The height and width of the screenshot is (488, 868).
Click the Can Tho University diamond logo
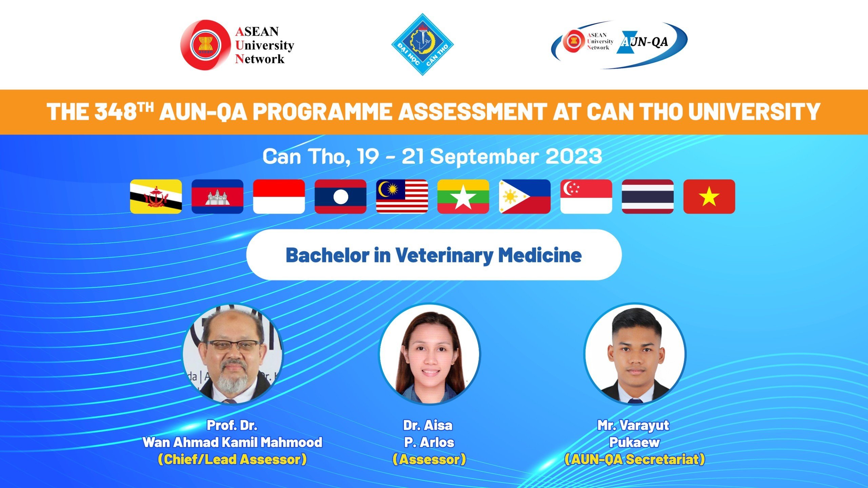[422, 44]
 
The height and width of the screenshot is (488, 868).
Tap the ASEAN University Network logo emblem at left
[205, 45]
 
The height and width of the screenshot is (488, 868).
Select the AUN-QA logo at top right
[619, 44]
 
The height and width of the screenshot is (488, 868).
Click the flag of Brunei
[156, 197]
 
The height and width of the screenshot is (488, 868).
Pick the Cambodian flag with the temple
[217, 197]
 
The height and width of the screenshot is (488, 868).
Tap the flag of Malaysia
[402, 197]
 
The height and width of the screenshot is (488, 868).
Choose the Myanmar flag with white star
[463, 197]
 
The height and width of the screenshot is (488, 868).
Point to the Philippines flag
[525, 197]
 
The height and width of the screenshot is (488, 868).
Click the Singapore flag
[586, 197]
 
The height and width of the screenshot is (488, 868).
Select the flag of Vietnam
[709, 197]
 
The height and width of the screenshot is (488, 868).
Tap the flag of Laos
[340, 197]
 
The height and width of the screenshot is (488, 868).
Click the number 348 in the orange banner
[115, 112]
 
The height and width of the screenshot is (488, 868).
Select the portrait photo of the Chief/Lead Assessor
[233, 353]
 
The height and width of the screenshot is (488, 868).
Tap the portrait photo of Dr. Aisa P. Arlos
[429, 353]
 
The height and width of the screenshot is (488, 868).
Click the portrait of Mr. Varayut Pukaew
[635, 353]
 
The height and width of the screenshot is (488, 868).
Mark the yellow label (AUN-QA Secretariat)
[635, 460]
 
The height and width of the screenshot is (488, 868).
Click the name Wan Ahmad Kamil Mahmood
[233, 442]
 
